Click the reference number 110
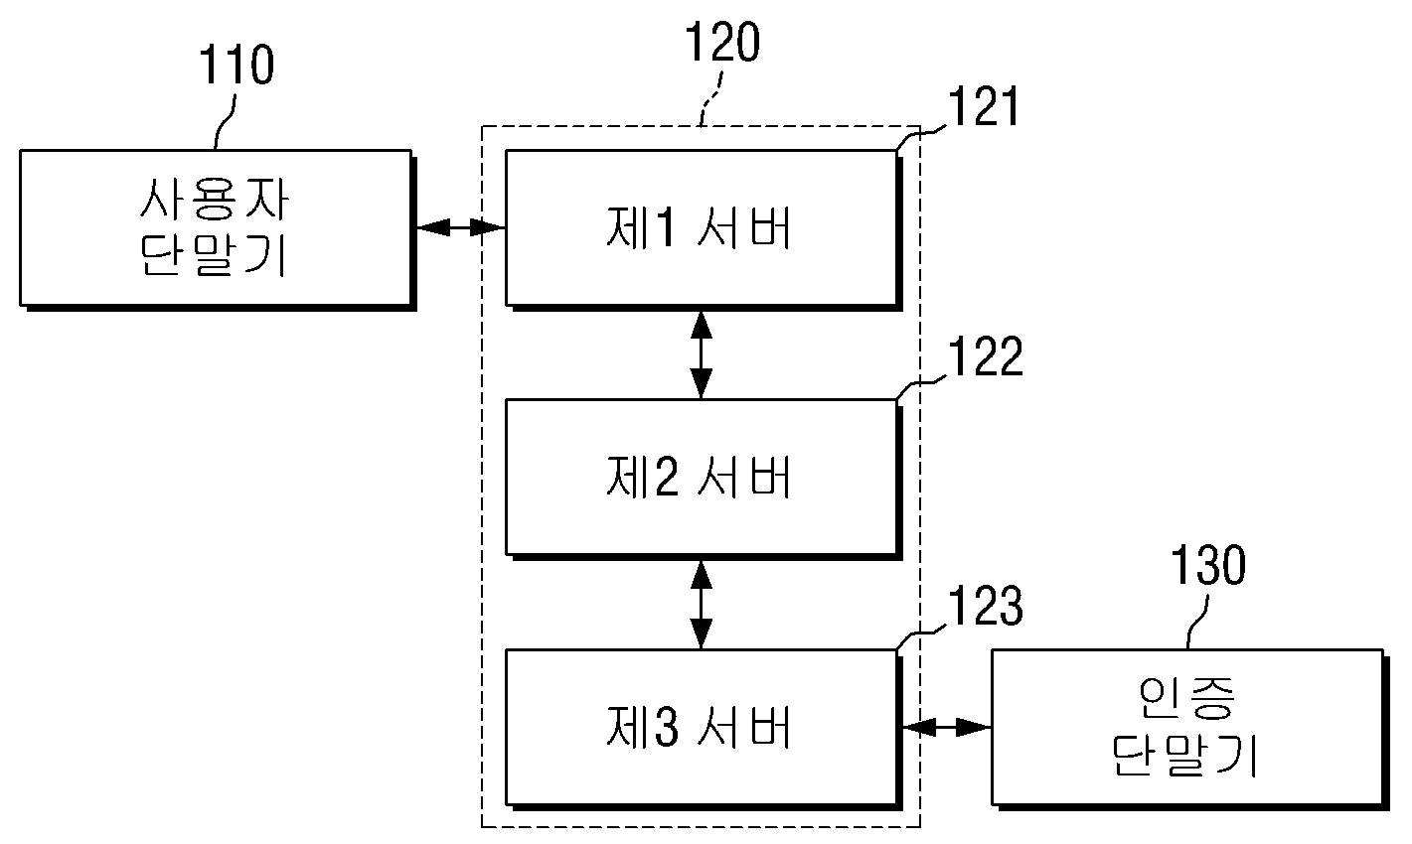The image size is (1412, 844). (236, 65)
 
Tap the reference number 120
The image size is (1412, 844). (722, 42)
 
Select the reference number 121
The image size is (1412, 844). (984, 107)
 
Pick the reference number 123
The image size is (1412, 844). (985, 606)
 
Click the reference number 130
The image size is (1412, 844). (1208, 565)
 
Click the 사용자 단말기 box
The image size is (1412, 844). (218, 229)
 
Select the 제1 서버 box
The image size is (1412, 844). (703, 229)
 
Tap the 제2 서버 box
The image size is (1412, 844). (703, 479)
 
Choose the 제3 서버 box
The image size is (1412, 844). (703, 728)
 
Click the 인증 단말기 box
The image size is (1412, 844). (1190, 728)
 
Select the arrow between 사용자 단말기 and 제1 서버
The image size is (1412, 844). (461, 227)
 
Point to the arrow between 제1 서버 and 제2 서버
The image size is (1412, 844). (701, 354)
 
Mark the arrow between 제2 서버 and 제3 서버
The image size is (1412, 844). (701, 604)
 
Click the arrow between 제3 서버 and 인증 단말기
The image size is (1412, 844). (947, 727)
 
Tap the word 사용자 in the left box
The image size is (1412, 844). (215, 200)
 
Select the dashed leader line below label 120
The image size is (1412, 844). (711, 98)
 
